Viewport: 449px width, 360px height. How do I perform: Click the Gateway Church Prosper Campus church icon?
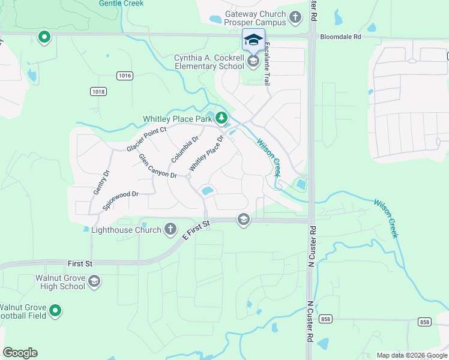coord(295,17)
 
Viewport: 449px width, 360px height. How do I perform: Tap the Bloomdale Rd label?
coord(340,37)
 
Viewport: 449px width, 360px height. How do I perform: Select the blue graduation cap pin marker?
coord(253,40)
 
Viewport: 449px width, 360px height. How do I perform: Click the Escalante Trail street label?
coord(266,63)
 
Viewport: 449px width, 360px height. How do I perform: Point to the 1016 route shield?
coord(124,76)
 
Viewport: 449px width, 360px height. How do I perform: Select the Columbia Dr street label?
coord(184,149)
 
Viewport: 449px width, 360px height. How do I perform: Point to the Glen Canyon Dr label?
coord(158,166)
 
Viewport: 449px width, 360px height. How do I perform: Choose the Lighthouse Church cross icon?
coord(170,229)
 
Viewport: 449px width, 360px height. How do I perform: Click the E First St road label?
coord(196,232)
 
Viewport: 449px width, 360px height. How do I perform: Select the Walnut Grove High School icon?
coord(94,281)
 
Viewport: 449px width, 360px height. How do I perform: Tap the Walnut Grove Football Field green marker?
coord(55,310)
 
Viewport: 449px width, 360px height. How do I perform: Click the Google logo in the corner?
coord(20,353)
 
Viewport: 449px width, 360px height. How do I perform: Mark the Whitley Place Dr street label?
coord(206,153)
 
